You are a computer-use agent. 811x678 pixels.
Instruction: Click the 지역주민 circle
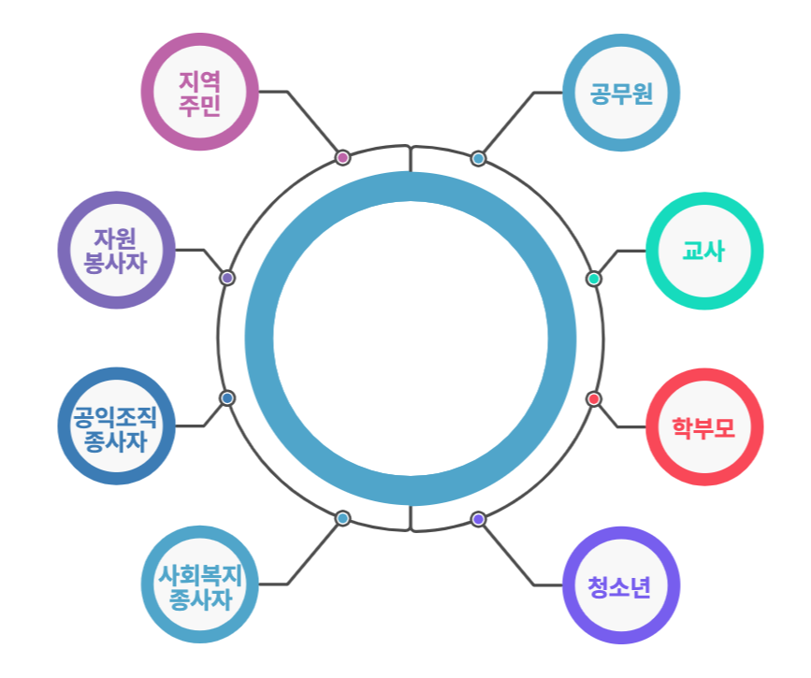[x=199, y=92]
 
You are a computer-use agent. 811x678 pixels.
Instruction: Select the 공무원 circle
[x=621, y=93]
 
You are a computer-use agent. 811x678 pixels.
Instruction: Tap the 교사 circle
[x=704, y=251]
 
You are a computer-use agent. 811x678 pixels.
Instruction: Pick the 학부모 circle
[x=704, y=427]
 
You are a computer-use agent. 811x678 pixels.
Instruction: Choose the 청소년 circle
[x=621, y=585]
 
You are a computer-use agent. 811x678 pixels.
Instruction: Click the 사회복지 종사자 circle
[x=199, y=584]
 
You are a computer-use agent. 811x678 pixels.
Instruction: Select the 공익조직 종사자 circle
[x=116, y=426]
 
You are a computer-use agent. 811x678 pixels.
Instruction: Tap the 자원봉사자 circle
[x=116, y=250]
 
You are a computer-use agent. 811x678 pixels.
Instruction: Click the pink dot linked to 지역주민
[x=342, y=157]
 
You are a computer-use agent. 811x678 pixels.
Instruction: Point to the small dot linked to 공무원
[x=478, y=158]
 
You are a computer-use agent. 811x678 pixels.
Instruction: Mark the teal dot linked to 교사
[x=594, y=279]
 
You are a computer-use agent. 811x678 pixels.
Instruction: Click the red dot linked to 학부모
[x=594, y=399]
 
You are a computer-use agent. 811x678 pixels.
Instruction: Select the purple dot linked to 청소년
[x=478, y=519]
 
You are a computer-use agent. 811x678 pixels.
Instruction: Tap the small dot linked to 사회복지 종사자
[x=342, y=518]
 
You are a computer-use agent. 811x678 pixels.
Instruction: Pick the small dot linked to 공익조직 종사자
[x=226, y=398]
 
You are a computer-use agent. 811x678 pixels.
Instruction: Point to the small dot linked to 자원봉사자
[x=226, y=278]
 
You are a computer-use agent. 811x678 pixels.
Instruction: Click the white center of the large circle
[x=410, y=339]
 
